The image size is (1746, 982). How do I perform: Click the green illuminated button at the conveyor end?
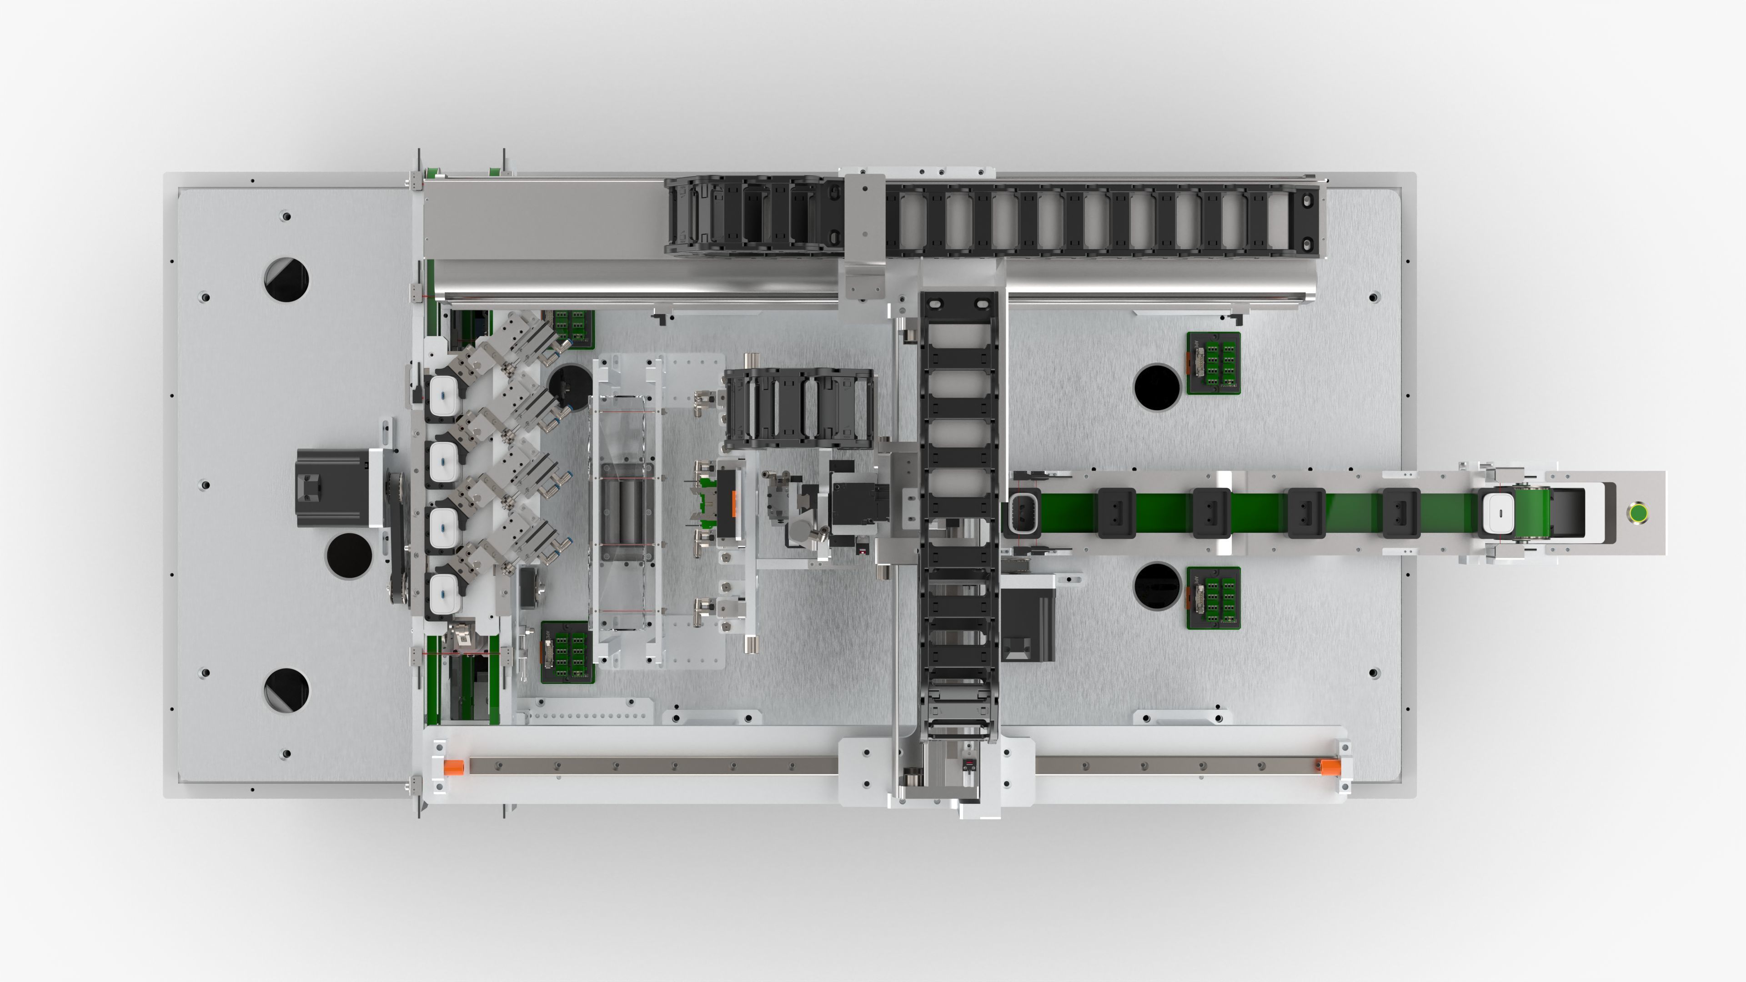(1637, 512)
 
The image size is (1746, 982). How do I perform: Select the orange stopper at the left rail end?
(453, 767)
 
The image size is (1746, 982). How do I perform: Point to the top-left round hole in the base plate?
(286, 279)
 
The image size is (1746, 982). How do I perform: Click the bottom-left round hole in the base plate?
(286, 690)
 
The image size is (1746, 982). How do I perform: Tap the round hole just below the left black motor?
(349, 556)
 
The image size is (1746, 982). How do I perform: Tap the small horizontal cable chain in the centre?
(798, 409)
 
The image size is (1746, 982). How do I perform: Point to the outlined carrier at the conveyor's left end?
(1022, 513)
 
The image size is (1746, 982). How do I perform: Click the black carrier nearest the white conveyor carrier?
(1401, 513)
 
